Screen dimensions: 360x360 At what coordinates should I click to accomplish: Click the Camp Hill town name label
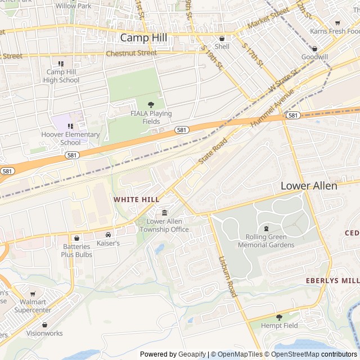point(143,38)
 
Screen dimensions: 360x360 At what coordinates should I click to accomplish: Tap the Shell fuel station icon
point(222,38)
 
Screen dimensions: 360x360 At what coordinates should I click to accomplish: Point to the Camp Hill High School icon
point(61,64)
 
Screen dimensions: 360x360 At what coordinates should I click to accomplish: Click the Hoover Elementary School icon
point(70,126)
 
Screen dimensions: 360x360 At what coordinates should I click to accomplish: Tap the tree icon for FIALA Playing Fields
point(150,105)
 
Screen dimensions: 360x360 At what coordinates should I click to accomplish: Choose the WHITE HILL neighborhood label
point(136,200)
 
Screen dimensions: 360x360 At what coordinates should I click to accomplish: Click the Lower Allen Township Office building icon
point(164,213)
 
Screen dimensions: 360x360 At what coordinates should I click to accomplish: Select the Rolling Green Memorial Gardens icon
point(266,228)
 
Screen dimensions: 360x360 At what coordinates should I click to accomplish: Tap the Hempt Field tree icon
point(279,317)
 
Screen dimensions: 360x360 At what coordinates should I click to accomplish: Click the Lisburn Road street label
point(228,277)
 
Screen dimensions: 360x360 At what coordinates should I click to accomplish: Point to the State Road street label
point(212,151)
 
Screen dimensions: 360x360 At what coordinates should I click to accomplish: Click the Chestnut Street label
point(131,53)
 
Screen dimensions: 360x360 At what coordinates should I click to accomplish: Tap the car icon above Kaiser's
point(108,235)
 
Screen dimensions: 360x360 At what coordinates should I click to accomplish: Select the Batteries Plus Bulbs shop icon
point(76,238)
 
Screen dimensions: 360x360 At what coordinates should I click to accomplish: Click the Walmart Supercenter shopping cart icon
point(33,294)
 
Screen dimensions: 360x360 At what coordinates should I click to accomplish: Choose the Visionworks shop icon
point(44,325)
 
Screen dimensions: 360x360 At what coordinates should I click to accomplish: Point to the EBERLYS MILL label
point(332,280)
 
